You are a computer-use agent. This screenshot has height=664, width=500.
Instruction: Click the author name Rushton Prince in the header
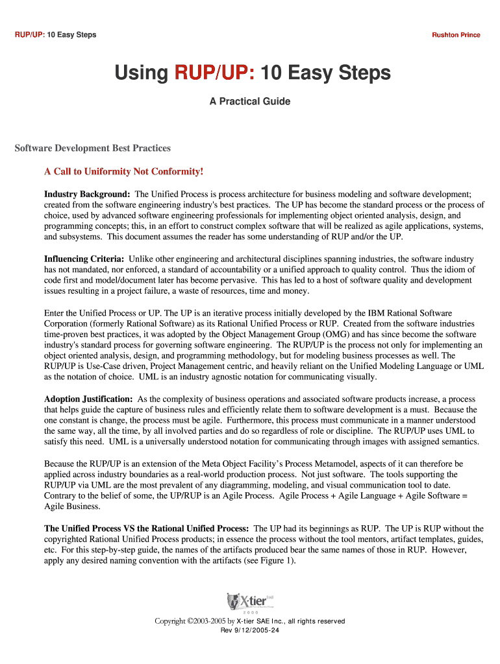pos(456,35)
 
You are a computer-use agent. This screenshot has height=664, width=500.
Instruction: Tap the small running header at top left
pos(55,35)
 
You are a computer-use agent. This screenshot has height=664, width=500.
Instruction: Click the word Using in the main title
pos(141,74)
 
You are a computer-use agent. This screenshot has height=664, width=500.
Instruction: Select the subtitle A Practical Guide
pos(249,102)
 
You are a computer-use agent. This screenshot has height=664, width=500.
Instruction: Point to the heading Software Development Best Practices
pos(93,148)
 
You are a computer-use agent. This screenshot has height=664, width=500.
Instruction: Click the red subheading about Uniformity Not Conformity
pos(123,172)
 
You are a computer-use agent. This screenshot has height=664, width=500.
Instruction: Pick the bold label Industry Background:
pos(87,195)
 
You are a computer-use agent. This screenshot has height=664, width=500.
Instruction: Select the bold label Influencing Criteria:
pos(84,259)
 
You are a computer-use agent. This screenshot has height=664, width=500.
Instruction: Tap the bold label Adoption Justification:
pos(88,399)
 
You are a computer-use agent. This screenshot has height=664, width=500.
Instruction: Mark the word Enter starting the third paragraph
pos(55,313)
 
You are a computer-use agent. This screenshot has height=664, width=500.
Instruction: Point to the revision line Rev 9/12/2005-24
pos(250,630)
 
